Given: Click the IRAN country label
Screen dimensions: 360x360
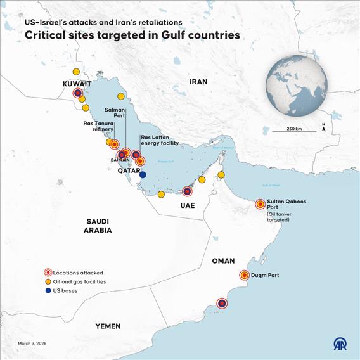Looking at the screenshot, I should pos(198,82).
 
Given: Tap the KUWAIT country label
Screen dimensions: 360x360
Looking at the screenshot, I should pos(77,84).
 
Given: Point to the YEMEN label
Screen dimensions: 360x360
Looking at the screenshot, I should pos(108,326).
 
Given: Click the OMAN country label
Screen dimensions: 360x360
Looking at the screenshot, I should pos(223,260).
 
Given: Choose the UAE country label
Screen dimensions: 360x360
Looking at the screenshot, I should pos(187,206).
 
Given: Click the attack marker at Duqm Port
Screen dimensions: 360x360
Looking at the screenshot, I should pos(245,275).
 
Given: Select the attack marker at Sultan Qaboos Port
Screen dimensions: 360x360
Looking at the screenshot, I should pos(260,204).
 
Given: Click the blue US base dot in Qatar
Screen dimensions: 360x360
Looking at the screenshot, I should pos(143,174).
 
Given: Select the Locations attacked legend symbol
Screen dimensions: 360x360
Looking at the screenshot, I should pos(48,273).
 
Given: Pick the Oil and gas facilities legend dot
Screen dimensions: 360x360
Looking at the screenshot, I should pos(48,281).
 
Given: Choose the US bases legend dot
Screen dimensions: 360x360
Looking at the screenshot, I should pos(48,291).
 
